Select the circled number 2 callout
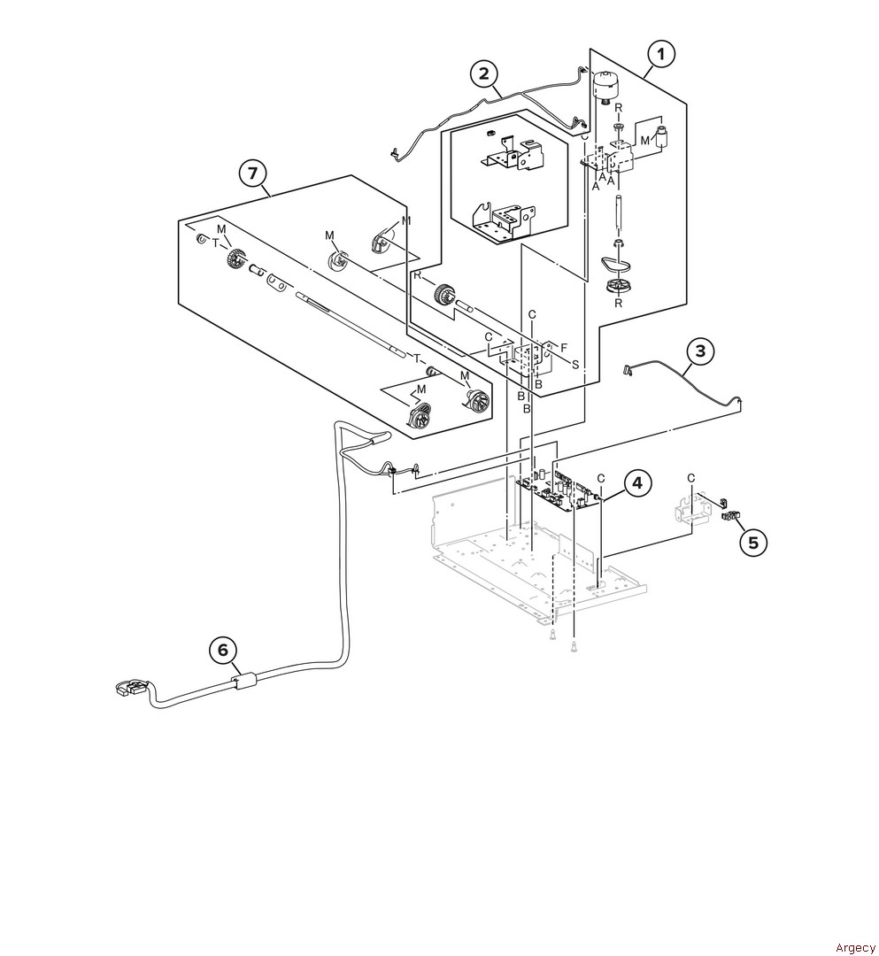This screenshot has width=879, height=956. tap(484, 74)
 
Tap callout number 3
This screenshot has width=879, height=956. tap(700, 351)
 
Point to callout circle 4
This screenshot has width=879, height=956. tap(637, 483)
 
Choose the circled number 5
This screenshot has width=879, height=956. tap(753, 542)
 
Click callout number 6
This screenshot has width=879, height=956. tap(223, 651)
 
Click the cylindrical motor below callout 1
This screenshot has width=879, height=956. tap(605, 85)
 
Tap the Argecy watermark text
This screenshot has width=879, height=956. tap(854, 947)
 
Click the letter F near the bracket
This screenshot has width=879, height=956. tap(564, 348)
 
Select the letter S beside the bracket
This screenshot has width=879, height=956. tap(574, 365)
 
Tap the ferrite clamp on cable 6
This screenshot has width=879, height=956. tap(243, 680)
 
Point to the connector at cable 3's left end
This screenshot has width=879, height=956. tap(628, 368)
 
